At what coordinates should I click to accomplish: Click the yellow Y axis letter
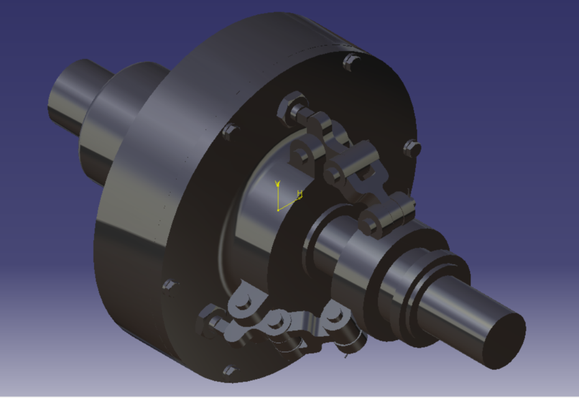pyautogui.click(x=279, y=183)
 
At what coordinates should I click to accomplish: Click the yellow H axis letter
pyautogui.click(x=300, y=194)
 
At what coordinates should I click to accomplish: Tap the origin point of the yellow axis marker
pyautogui.click(x=278, y=210)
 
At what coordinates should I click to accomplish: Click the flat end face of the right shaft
pyautogui.click(x=504, y=340)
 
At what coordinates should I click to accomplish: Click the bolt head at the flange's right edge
pyautogui.click(x=412, y=148)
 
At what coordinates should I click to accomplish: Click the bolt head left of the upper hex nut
pyautogui.click(x=230, y=130)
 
